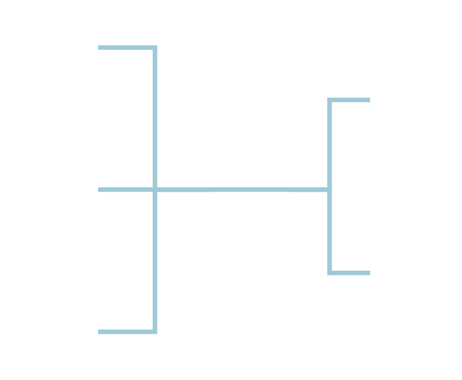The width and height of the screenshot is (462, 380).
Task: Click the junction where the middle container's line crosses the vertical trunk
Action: coord(155,190)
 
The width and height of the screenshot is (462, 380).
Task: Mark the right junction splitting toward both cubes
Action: coord(329,190)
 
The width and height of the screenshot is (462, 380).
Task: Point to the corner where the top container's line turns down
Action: coord(155,48)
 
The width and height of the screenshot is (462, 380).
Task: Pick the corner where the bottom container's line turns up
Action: coord(155,331)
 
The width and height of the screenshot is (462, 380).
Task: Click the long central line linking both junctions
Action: coord(241,190)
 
